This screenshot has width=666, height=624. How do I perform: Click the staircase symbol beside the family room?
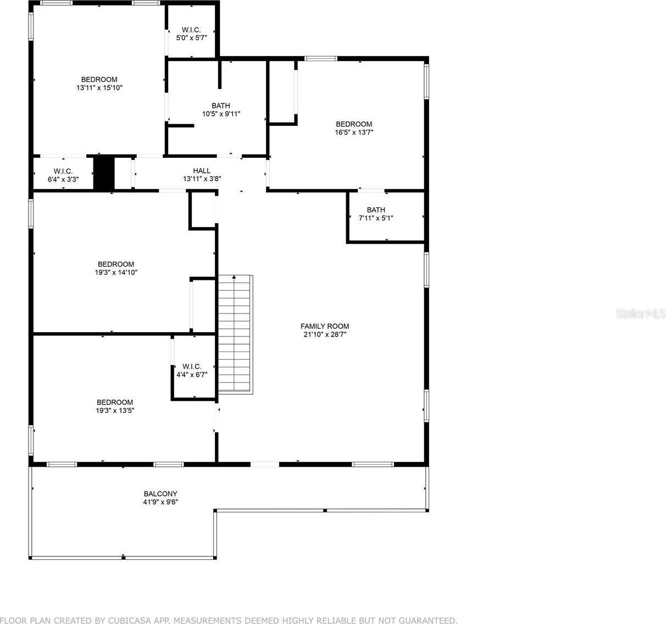(235, 334)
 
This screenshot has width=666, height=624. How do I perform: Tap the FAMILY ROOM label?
(324, 326)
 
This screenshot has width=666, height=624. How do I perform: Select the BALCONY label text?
(160, 494)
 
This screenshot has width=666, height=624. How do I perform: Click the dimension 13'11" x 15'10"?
(99, 87)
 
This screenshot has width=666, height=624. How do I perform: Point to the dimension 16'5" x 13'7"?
(354, 132)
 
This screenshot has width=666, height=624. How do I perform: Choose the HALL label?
(202, 171)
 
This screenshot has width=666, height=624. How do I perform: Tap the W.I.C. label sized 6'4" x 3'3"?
(63, 172)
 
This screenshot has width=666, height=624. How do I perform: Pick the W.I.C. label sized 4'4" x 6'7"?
(192, 366)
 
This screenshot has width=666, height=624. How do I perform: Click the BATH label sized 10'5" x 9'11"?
(221, 106)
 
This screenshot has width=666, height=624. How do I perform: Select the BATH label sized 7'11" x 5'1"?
(376, 210)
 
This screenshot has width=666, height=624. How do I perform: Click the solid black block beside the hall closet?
(103, 173)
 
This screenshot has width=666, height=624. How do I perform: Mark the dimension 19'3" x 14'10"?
(116, 272)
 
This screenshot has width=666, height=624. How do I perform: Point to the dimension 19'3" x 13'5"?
(115, 410)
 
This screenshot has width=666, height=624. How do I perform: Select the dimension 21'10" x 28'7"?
(324, 334)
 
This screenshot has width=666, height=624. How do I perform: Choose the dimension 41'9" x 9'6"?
(160, 502)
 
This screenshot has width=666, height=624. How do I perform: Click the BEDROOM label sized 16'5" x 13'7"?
(354, 124)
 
